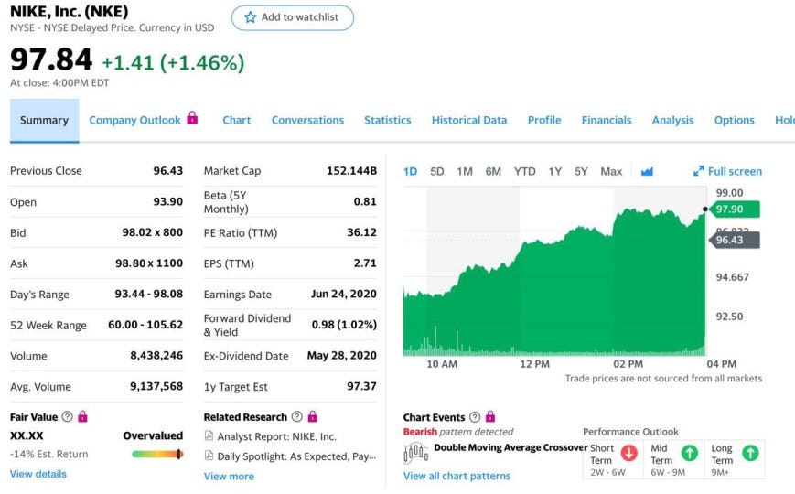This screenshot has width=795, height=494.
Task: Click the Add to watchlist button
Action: pyautogui.click(x=292, y=17)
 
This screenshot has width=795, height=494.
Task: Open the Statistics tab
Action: pyautogui.click(x=387, y=120)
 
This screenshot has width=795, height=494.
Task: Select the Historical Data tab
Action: pyautogui.click(x=468, y=120)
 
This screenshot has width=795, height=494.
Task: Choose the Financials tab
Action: pyautogui.click(x=606, y=120)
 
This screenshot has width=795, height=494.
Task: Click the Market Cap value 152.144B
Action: pyautogui.click(x=351, y=171)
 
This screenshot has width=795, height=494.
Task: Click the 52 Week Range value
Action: pyautogui.click(x=145, y=325)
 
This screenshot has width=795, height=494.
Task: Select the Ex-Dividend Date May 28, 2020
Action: pyautogui.click(x=341, y=356)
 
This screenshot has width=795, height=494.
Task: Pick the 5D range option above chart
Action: pyautogui.click(x=436, y=171)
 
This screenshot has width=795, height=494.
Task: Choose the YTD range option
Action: pyautogui.click(x=524, y=171)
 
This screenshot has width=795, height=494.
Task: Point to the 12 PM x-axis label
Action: pyautogui.click(x=534, y=364)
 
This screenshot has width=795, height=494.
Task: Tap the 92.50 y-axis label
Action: pyautogui.click(x=730, y=317)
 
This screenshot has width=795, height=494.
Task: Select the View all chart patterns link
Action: pyautogui.click(x=457, y=476)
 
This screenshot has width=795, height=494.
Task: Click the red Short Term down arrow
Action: pyautogui.click(x=628, y=453)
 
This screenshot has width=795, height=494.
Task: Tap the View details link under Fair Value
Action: pyautogui.click(x=38, y=474)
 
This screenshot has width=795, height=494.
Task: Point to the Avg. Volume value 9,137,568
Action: pyautogui.click(x=156, y=386)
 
